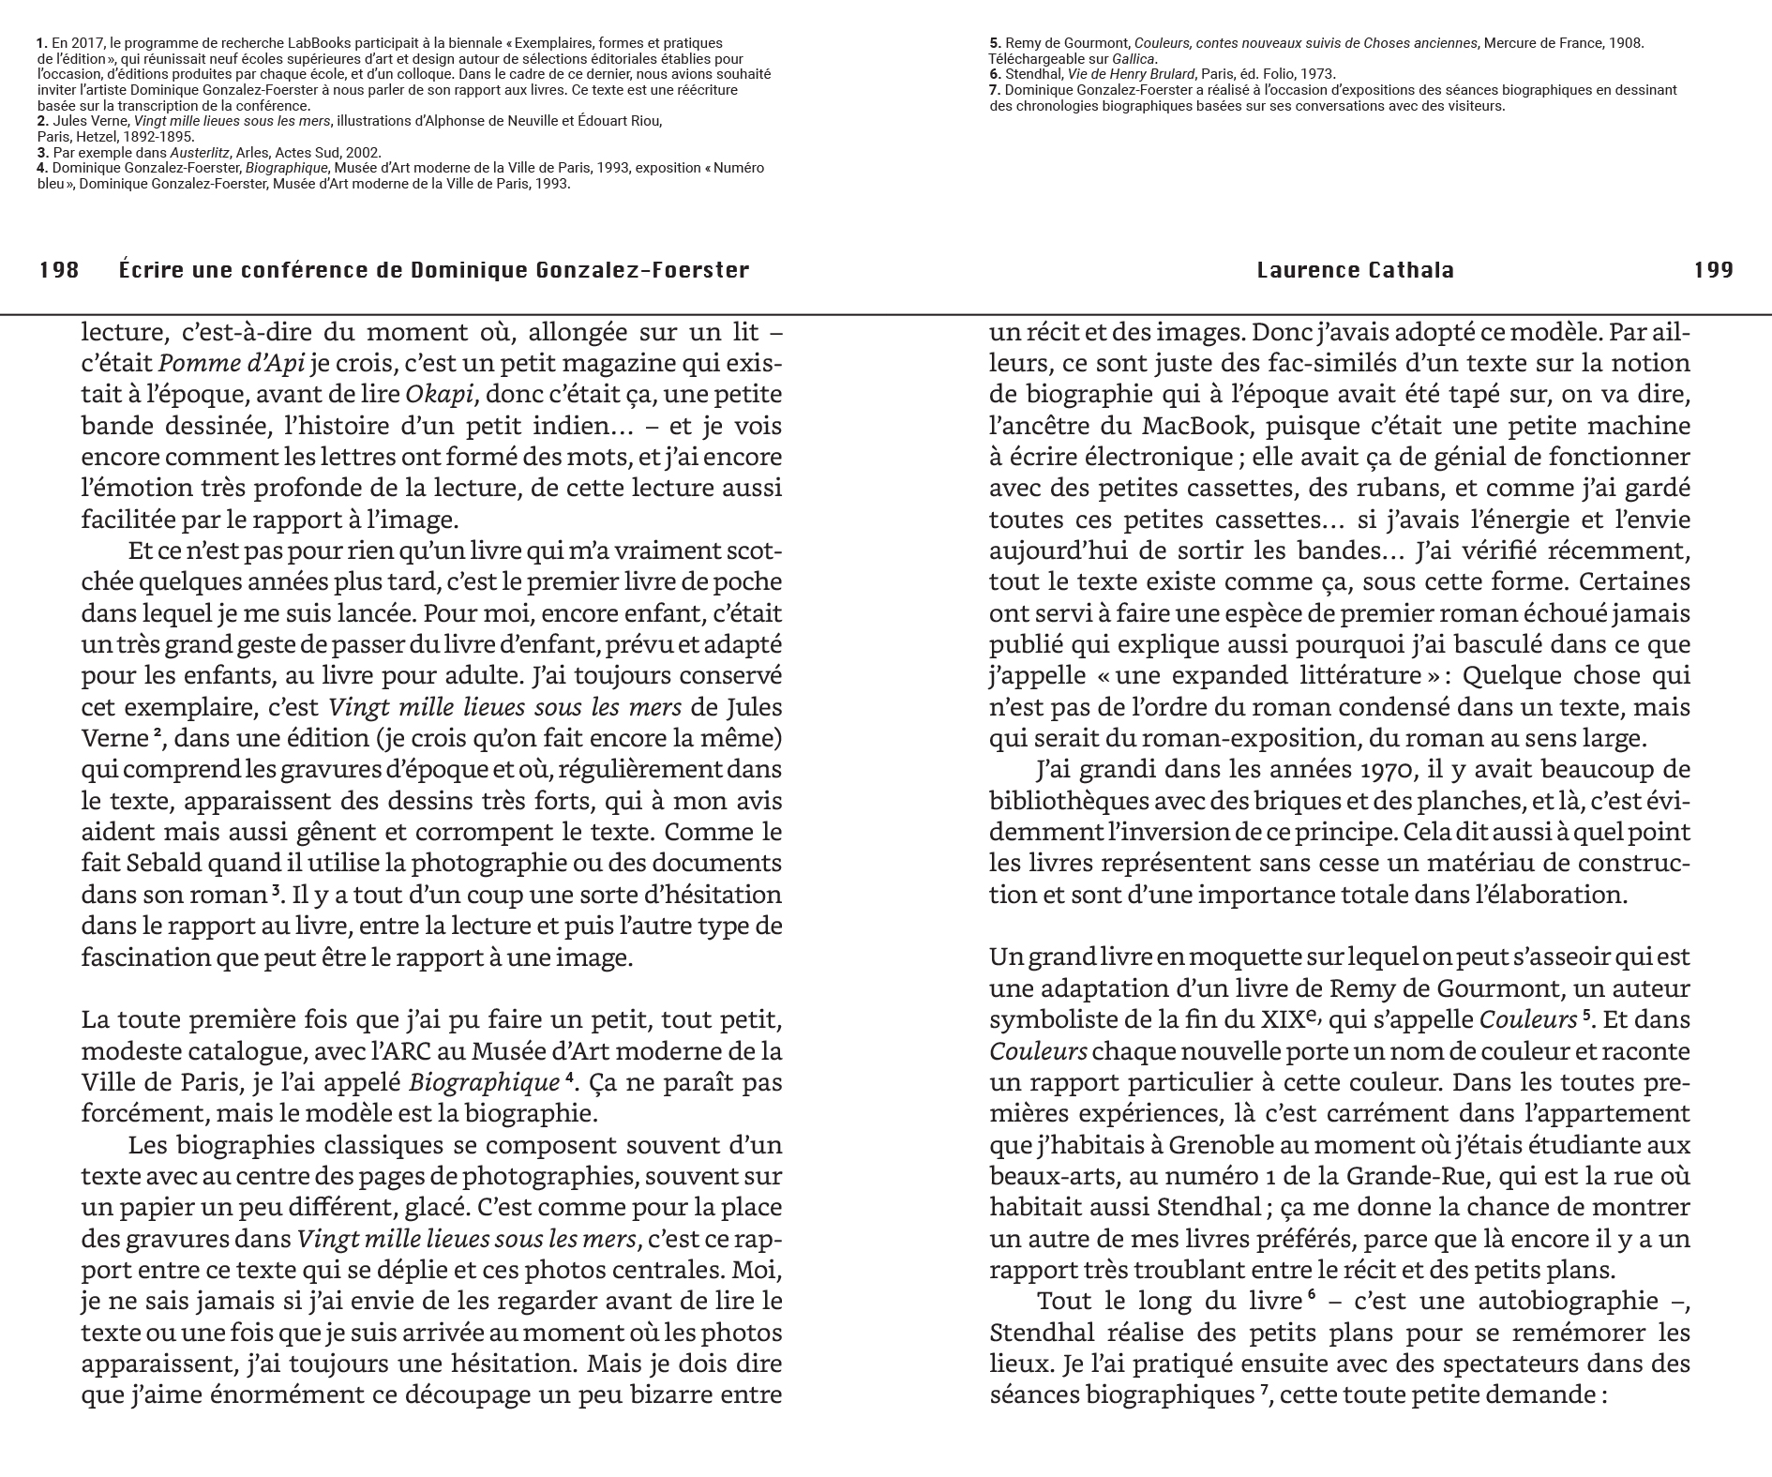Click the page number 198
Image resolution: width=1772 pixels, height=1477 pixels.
pyautogui.click(x=58, y=271)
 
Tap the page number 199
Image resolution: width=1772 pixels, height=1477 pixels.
pyautogui.click(x=1713, y=271)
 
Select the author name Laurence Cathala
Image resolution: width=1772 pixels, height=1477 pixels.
pyautogui.click(x=1355, y=271)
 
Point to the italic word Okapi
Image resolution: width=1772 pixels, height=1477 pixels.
pyautogui.click(x=438, y=395)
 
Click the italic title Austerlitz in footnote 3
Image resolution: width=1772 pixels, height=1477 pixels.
pyautogui.click(x=198, y=152)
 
